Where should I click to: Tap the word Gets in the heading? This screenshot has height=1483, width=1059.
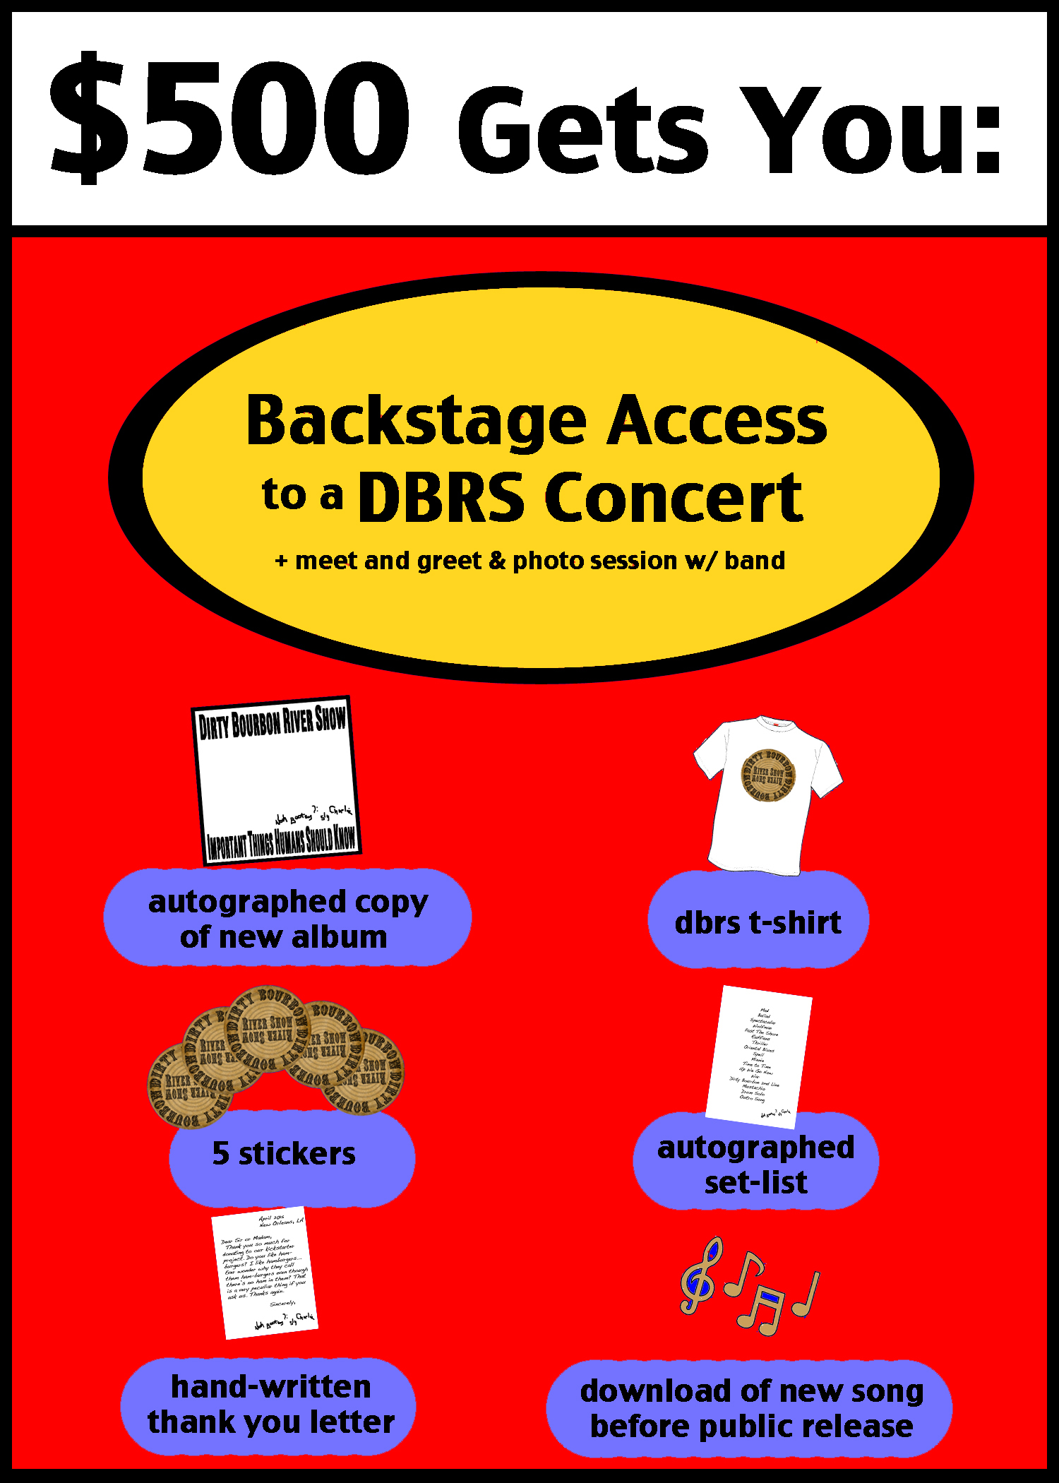[582, 131]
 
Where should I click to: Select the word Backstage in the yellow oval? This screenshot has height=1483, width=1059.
[417, 422]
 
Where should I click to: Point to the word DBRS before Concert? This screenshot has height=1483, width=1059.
[441, 498]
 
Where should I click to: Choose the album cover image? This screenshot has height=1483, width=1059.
[276, 780]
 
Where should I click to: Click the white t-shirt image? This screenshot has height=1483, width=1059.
[767, 794]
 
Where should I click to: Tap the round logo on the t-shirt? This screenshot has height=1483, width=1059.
[767, 775]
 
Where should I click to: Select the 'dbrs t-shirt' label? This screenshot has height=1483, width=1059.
[758, 922]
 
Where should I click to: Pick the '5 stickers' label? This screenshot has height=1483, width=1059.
[285, 1153]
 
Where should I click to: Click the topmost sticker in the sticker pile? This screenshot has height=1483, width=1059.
[267, 1028]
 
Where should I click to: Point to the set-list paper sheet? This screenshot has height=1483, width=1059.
[759, 1056]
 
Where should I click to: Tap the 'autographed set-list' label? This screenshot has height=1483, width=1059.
[755, 1164]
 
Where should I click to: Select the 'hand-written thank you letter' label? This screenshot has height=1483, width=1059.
[270, 1404]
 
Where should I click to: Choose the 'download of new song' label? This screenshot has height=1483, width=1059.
[750, 1408]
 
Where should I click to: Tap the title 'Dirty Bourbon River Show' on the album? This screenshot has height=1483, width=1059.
[272, 722]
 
